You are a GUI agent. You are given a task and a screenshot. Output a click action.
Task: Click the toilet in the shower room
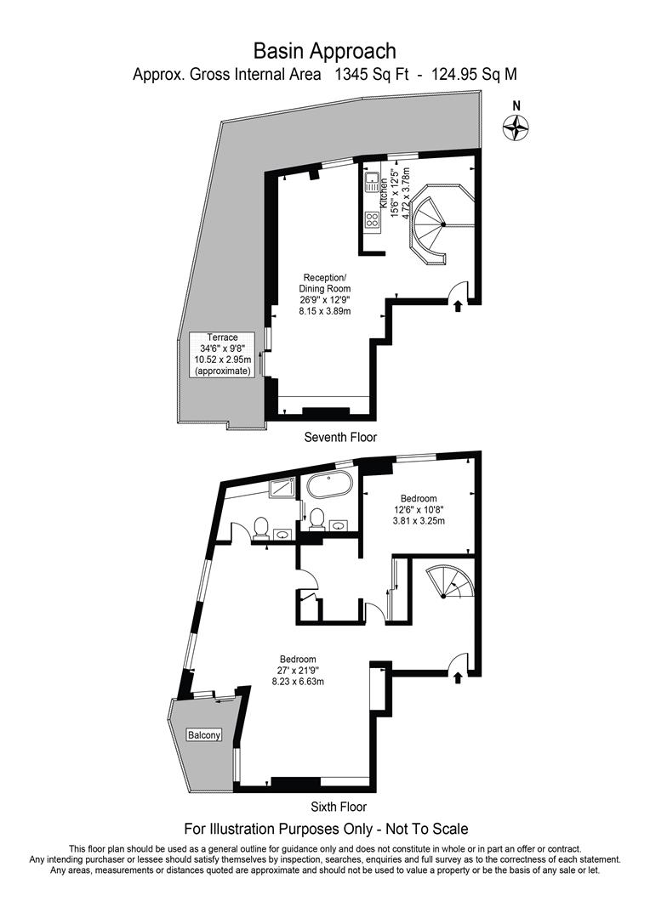(x=261, y=528)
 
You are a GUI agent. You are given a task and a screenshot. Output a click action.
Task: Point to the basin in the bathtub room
(x=340, y=524)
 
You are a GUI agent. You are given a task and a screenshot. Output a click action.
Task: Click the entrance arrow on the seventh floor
(x=458, y=305)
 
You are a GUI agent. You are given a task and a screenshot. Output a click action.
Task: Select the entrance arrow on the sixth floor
(x=459, y=677)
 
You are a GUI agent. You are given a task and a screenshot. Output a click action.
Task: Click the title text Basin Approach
(x=324, y=53)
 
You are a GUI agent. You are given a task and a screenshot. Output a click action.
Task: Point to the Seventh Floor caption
(x=340, y=437)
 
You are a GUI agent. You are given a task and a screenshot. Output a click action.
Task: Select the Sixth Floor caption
(x=338, y=806)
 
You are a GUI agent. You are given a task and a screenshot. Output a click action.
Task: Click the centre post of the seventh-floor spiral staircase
(x=443, y=224)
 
